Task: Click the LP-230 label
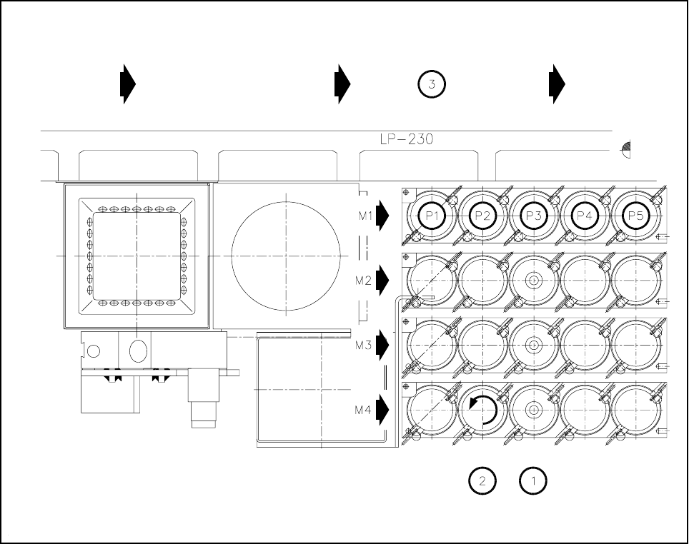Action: pos(407,140)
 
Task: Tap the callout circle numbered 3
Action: pos(432,84)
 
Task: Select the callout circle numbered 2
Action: pos(482,480)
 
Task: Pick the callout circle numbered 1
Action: pos(532,480)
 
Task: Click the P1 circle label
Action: pos(431,215)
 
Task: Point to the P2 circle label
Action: pos(482,215)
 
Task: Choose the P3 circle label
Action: pos(532,215)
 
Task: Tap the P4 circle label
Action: pos(584,215)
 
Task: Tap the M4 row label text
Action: pos(364,410)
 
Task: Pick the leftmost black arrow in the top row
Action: pos(127,84)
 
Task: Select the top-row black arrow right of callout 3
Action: pos(557,84)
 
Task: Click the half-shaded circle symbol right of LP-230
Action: pos(627,149)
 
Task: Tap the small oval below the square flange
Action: pos(138,350)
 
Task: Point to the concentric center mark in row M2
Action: pos(532,281)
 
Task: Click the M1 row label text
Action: pos(364,215)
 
